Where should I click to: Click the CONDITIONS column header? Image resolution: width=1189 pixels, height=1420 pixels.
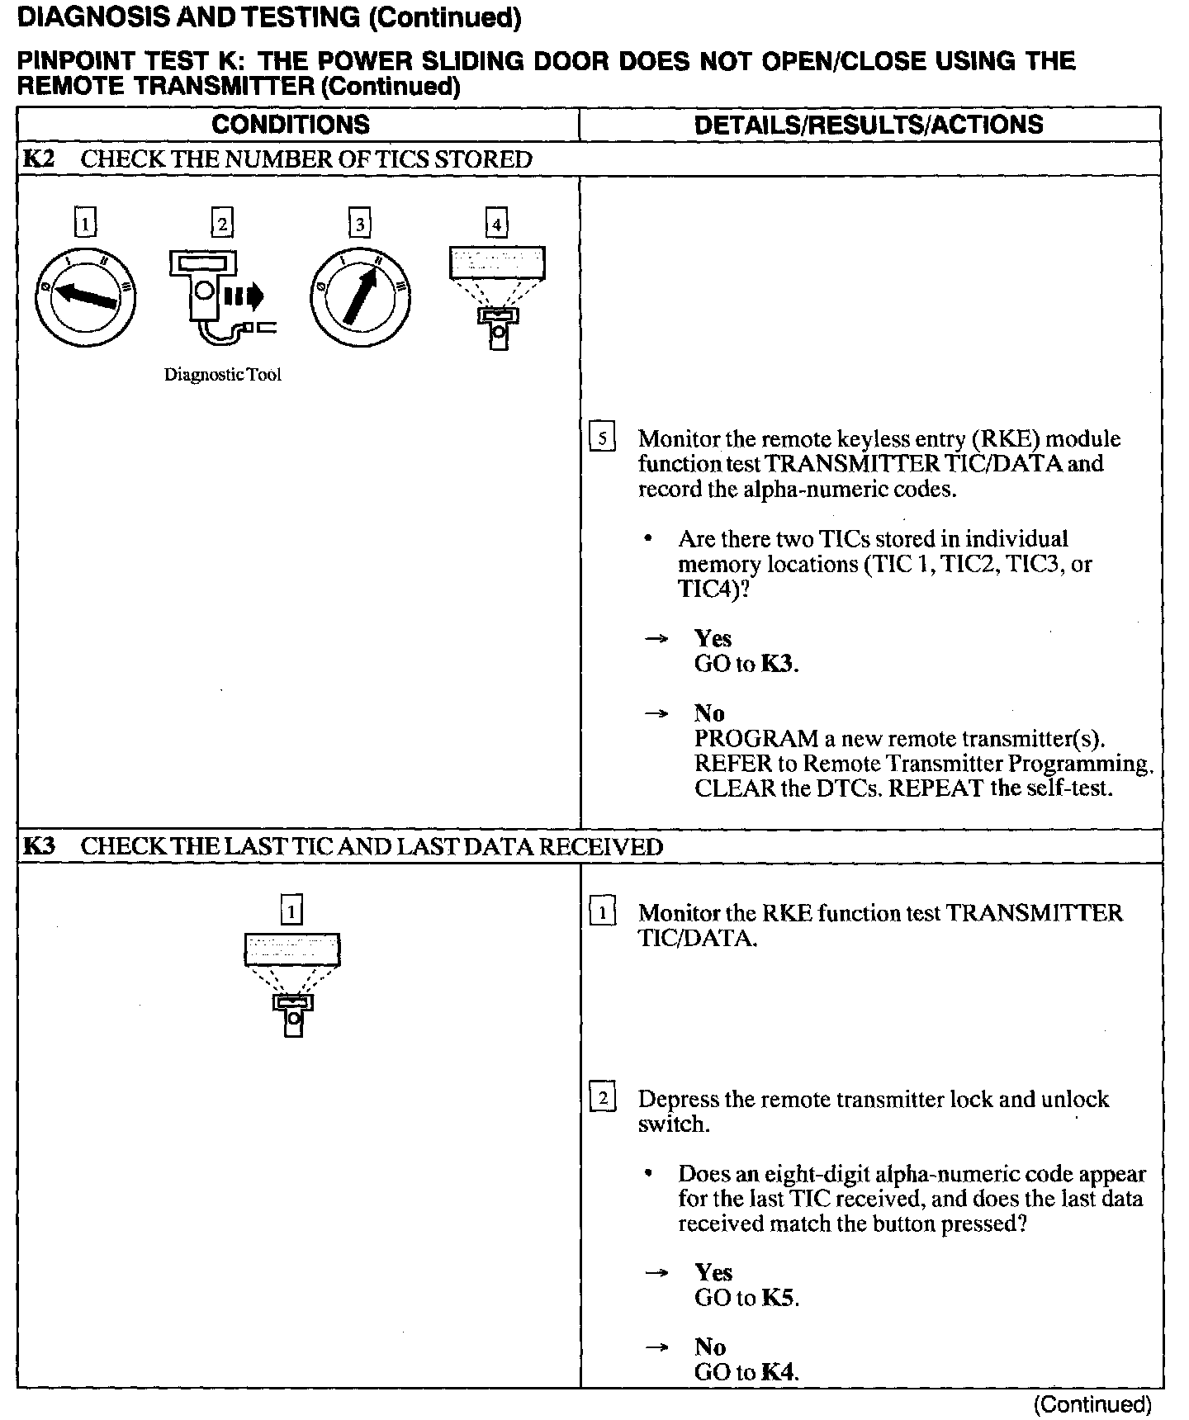coord(291,125)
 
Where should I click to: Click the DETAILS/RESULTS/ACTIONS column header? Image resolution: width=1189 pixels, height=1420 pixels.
coord(869,125)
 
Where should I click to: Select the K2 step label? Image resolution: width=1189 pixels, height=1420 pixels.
coord(38,159)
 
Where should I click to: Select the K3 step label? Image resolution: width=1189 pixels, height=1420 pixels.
coord(38,846)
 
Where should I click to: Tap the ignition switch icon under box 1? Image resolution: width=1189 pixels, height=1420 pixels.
coord(85,296)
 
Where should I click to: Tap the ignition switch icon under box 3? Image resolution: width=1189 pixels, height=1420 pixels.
coord(360,296)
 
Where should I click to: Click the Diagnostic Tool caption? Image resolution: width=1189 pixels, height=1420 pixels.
coord(222,375)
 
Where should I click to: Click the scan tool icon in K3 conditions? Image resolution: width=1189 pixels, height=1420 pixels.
coord(292,982)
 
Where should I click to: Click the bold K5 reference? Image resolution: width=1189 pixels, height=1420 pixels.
coord(779,1297)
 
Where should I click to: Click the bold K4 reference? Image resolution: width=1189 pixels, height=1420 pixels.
coord(779,1371)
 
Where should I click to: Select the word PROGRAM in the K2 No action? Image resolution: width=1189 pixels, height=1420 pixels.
coord(755,738)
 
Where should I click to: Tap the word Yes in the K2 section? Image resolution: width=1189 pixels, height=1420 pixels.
coord(713,638)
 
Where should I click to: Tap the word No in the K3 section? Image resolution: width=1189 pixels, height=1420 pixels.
coord(709,1347)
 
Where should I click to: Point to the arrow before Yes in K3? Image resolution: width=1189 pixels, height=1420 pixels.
coord(656,1273)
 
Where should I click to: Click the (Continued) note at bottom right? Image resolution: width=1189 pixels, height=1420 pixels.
coord(1092,1403)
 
